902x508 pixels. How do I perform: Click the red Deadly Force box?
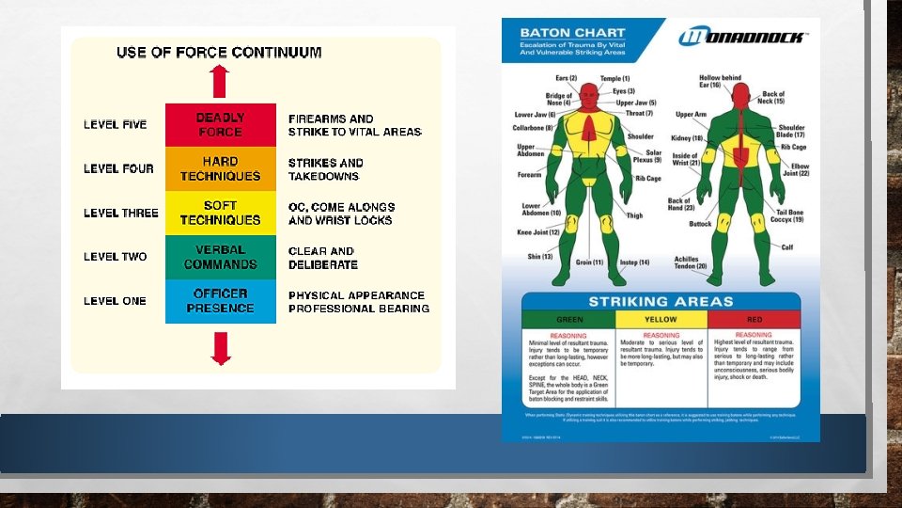(x=221, y=124)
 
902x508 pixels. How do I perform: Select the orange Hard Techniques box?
(x=221, y=168)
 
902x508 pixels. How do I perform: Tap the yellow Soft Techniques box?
(x=221, y=213)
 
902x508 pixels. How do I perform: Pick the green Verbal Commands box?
(x=221, y=257)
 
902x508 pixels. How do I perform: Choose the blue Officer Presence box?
(x=221, y=301)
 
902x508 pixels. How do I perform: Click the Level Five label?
(x=115, y=124)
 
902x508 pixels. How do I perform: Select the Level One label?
(x=115, y=301)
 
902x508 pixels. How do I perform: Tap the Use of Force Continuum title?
(x=219, y=53)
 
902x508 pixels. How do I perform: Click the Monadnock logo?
(x=742, y=38)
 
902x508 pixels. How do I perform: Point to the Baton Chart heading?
(x=559, y=33)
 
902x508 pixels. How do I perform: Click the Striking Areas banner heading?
(x=661, y=302)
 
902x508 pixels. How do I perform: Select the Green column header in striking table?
(x=569, y=319)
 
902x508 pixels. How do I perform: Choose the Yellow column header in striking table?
(x=661, y=319)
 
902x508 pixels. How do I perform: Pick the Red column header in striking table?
(x=754, y=319)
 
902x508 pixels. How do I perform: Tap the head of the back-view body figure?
(x=740, y=95)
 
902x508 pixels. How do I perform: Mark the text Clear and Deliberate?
(x=322, y=257)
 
